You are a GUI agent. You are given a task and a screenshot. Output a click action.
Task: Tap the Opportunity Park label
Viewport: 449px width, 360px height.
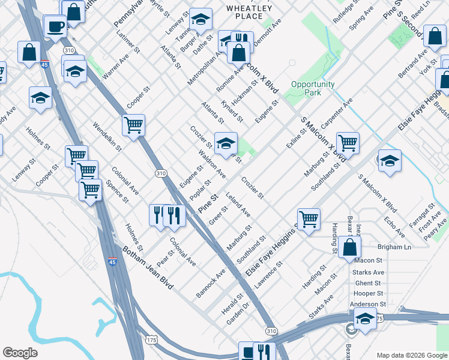(313, 88)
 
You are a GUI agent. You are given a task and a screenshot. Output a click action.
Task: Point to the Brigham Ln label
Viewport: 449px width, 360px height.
(394, 247)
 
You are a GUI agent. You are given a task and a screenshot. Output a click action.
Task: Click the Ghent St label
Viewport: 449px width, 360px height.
(368, 283)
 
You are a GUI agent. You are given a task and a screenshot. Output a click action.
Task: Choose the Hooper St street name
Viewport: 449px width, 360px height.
(368, 293)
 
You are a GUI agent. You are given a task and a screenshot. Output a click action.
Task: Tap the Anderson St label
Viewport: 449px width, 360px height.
(364, 304)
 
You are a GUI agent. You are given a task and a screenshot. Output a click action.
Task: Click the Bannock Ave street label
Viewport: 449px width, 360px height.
(211, 283)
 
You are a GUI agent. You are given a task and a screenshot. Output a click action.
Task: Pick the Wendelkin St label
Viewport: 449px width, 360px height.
(107, 136)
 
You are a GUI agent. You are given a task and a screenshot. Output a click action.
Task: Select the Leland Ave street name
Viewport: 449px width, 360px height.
(238, 204)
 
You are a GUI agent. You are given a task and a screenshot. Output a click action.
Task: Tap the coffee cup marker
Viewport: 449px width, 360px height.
(56, 27)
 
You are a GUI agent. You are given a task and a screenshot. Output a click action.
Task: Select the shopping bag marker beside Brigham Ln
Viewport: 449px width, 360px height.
(349, 246)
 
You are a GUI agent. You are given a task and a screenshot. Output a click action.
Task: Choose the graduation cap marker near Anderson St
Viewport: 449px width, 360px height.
(364, 319)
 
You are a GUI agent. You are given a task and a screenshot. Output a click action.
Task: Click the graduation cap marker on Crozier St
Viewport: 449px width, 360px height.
(226, 143)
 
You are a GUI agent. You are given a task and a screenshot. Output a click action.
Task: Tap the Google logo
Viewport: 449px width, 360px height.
(20, 353)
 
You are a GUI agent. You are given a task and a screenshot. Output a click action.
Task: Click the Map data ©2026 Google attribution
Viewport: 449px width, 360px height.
(412, 355)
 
